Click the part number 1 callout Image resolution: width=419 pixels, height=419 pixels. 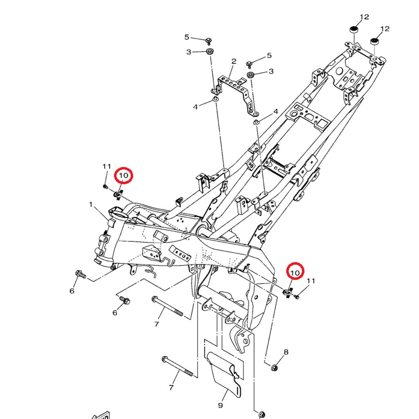[91, 204]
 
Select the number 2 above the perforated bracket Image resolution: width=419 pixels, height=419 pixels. [234, 61]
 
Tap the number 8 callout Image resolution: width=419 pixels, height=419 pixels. [286, 352]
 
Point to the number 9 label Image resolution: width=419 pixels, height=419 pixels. [220, 405]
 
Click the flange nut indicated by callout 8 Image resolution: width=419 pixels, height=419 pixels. [274, 367]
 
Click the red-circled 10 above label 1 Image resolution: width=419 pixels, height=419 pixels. [124, 176]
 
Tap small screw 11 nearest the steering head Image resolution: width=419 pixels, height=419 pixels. [106, 187]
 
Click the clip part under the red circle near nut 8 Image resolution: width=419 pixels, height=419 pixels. [288, 291]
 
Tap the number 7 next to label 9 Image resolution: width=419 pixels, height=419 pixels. [171, 387]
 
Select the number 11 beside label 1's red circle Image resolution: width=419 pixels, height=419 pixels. [107, 166]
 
